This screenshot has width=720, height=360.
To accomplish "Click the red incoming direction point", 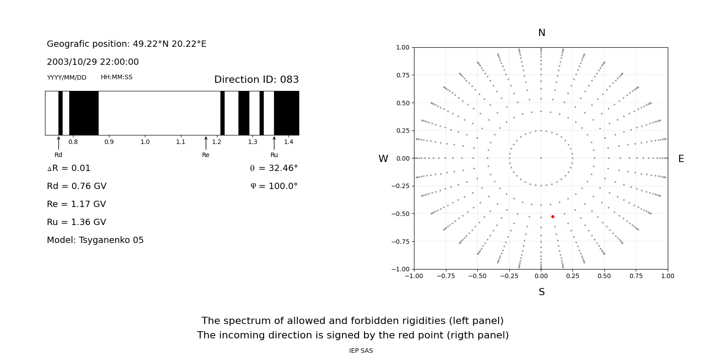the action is click(x=553, y=216).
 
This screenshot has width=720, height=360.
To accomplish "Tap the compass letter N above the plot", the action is click(x=542, y=33).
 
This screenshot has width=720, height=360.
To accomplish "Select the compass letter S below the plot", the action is click(x=542, y=292).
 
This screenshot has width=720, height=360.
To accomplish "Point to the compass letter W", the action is click(x=383, y=158).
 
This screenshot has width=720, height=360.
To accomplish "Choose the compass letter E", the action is click(x=681, y=158).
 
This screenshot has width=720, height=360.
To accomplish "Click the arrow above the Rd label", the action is click(x=58, y=143).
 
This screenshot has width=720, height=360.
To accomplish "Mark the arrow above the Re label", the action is click(x=206, y=143).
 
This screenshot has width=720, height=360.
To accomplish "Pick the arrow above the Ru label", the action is click(x=274, y=143).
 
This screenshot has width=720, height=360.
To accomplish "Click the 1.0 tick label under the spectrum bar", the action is click(x=145, y=142).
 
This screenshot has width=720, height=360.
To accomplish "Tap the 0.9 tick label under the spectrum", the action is click(x=109, y=142).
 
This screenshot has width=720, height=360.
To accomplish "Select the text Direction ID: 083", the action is click(x=256, y=79).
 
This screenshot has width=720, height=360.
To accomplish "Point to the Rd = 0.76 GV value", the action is click(x=76, y=186).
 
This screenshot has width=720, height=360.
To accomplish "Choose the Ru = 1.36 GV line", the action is click(x=76, y=222).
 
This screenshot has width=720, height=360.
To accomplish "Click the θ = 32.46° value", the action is click(x=274, y=168).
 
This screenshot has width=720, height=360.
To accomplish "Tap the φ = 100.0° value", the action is click(x=274, y=186).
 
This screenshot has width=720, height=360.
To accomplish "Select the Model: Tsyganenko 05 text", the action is click(x=95, y=240).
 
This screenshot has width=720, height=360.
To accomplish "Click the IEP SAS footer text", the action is click(x=361, y=351).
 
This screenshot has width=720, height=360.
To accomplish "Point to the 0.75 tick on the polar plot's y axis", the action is click(x=403, y=75).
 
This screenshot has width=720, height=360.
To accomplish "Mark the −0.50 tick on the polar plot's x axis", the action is click(x=477, y=276).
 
